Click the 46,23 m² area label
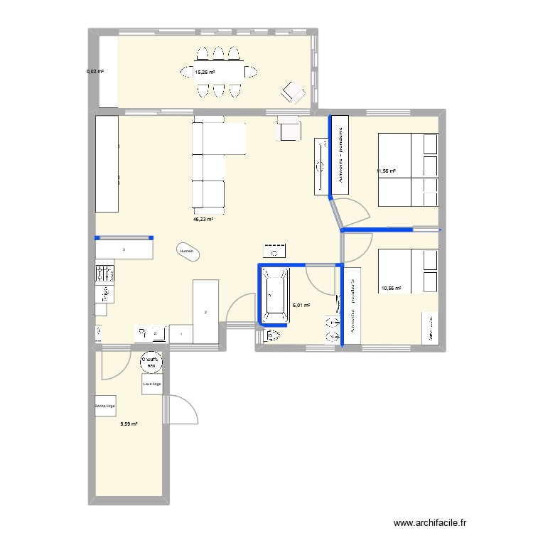(203, 220)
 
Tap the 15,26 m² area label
(205, 72)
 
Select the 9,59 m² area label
(129, 424)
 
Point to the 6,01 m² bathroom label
(301, 306)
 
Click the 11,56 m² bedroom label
(387, 171)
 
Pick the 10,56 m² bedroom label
(392, 289)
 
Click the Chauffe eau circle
(151, 362)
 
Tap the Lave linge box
(151, 384)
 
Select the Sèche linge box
(104, 407)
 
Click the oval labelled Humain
(188, 252)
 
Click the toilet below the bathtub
(273, 335)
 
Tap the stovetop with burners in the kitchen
(104, 272)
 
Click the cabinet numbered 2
(205, 311)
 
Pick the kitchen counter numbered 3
(124, 249)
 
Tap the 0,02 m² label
(95, 72)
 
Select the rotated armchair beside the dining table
(292, 92)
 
